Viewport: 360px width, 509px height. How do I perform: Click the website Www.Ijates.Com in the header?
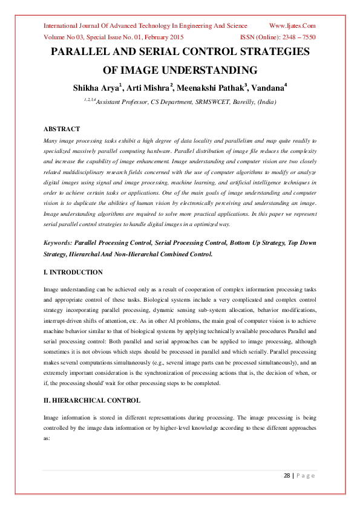coord(292,26)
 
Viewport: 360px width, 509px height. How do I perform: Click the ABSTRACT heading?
coord(62,129)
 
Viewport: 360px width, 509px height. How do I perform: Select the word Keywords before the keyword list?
coord(57,242)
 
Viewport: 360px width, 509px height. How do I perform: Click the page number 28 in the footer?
coord(287,476)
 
